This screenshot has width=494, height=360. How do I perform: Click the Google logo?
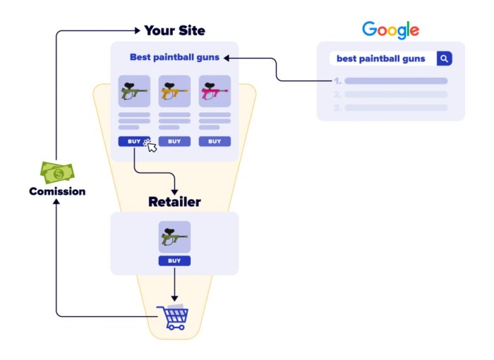tap(390, 30)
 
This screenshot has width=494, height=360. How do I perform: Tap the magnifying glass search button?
tap(444, 59)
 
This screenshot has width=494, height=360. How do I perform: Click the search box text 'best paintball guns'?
tap(380, 59)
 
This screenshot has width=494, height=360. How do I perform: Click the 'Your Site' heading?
tap(174, 30)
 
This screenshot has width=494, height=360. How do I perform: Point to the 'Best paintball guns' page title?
tap(174, 57)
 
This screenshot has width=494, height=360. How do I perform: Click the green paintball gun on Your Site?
tap(134, 91)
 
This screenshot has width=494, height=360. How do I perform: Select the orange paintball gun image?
tap(174, 91)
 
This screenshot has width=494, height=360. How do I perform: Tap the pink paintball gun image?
tap(215, 91)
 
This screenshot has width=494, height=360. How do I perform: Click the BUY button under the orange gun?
tap(174, 141)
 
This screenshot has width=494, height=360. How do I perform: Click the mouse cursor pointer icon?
tap(150, 145)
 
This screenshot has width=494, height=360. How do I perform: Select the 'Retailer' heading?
tap(174, 202)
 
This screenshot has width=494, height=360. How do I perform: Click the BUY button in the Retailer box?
tap(174, 260)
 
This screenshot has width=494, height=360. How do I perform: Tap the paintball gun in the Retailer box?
tap(174, 237)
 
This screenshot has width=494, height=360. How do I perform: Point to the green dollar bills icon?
tap(56, 172)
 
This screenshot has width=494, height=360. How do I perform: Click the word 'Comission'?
tap(57, 191)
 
